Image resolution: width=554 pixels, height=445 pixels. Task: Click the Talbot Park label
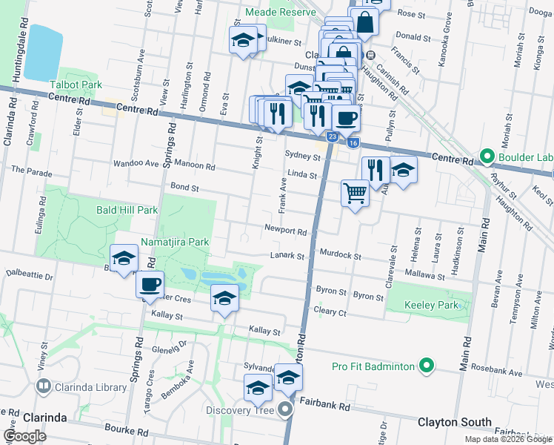point(75,85)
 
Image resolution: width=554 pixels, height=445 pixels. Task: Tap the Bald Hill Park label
point(127,210)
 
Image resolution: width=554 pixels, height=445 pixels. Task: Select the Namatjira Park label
point(175,242)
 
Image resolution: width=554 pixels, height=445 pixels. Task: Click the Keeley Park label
point(433,306)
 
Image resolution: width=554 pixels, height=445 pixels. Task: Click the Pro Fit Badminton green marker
point(426,366)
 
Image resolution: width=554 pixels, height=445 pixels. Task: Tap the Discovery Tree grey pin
point(287,409)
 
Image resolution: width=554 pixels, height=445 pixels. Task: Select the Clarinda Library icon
point(44,386)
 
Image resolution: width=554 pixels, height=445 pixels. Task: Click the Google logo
point(24,436)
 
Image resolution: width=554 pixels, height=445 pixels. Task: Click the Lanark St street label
point(287,256)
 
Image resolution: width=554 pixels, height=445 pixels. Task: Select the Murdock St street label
point(341,256)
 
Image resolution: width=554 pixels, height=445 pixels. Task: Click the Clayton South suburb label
point(455,422)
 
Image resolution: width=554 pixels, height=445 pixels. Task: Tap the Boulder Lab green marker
point(487,157)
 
